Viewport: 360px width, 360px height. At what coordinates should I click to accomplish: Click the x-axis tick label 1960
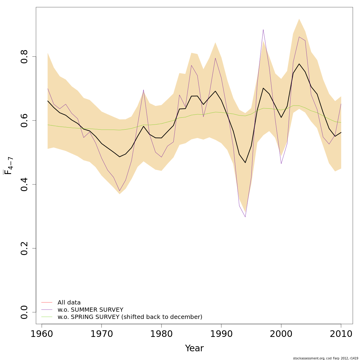click(41, 334)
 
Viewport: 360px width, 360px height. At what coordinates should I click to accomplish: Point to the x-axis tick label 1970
click(101, 334)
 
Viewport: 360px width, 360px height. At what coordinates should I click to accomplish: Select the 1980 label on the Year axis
click(161, 334)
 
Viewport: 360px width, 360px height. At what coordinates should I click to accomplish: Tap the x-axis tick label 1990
click(221, 334)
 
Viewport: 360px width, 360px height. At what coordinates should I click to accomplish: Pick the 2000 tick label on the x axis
click(281, 334)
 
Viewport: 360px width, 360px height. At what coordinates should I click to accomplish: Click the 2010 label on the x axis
click(341, 334)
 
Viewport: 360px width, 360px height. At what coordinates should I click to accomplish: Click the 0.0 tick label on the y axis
click(24, 312)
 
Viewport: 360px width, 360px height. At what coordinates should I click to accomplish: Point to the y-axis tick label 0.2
click(24, 248)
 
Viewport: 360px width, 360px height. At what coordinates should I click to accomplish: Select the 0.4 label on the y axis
click(24, 184)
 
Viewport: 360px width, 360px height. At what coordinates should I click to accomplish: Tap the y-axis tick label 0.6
click(24, 120)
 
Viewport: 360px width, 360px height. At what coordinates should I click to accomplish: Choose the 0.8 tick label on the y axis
click(24, 56)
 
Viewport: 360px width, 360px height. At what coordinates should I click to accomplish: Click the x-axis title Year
click(194, 348)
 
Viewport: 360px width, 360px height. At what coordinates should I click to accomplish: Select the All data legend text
click(69, 303)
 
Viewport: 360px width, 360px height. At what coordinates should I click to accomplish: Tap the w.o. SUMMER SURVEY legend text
click(90, 310)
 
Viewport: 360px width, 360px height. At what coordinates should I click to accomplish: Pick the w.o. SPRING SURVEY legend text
click(130, 317)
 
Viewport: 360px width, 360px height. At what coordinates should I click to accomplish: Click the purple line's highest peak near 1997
click(263, 29)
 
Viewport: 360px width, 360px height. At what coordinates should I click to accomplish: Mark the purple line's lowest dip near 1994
click(245, 217)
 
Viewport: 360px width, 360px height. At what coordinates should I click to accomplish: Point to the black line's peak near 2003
click(299, 64)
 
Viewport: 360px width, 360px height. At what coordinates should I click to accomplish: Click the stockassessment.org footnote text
click(325, 358)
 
